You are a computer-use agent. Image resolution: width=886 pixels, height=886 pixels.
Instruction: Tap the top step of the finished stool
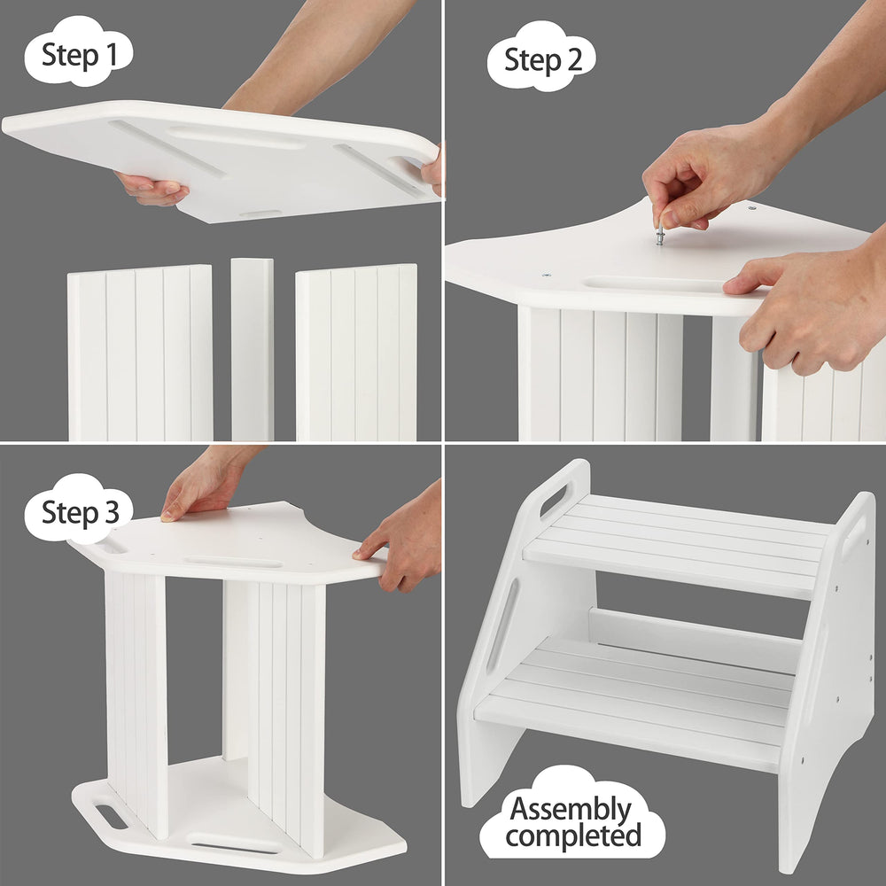(678, 545)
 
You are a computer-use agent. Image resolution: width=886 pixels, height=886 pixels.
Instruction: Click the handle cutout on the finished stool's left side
(553, 501)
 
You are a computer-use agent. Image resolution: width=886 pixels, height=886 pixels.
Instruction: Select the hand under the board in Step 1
(151, 188)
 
